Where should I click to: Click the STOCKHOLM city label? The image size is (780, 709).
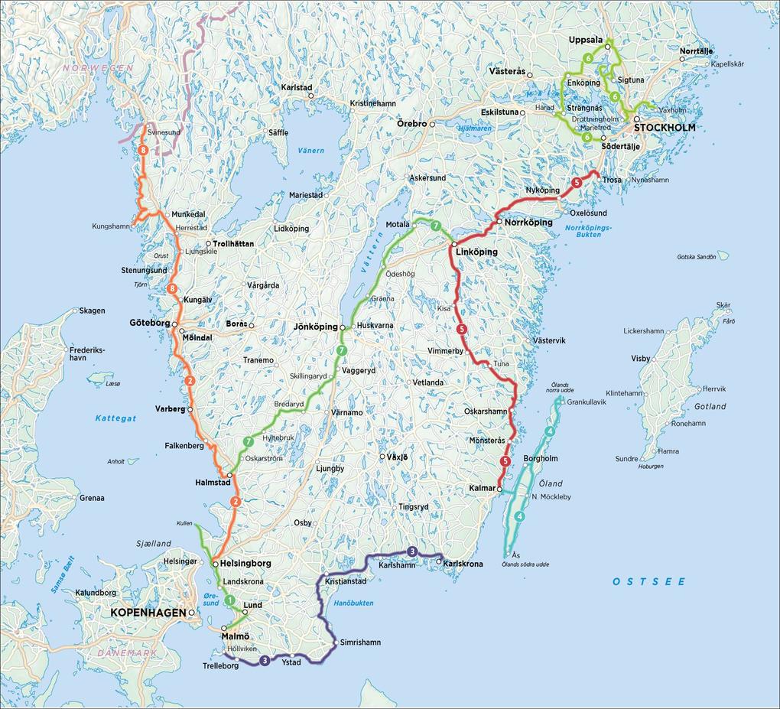click(x=665, y=127)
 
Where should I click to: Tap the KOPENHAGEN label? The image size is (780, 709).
click(x=148, y=613)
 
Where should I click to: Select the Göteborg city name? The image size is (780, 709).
click(x=150, y=324)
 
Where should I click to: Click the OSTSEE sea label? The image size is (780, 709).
click(x=648, y=582)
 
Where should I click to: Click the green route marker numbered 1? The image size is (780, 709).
click(x=229, y=600)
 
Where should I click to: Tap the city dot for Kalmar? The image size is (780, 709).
click(x=499, y=489)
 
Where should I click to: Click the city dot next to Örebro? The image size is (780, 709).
click(x=431, y=123)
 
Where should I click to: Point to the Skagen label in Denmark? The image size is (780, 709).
click(x=92, y=311)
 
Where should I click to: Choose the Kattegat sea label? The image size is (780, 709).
click(x=115, y=418)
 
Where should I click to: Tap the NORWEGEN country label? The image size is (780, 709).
click(x=98, y=68)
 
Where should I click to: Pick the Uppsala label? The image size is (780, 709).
click(x=587, y=40)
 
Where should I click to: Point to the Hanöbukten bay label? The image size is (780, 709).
click(x=354, y=603)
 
